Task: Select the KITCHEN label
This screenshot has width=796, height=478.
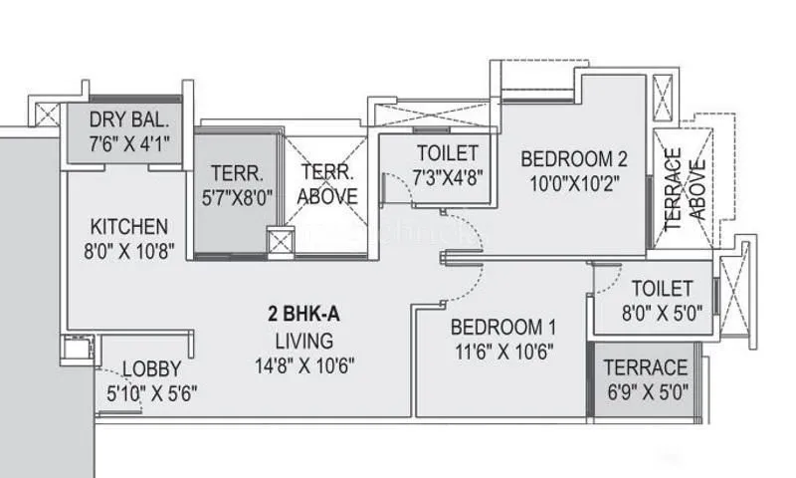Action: click(x=129, y=226)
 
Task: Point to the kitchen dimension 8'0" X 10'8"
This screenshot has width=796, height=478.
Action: click(x=129, y=251)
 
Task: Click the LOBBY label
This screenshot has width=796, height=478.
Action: click(x=152, y=368)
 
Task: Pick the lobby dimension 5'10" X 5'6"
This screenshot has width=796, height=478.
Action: click(x=152, y=393)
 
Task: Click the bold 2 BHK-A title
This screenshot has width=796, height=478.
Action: click(x=303, y=315)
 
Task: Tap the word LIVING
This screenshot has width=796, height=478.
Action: click(x=303, y=340)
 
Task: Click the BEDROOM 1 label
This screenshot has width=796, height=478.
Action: click(x=502, y=327)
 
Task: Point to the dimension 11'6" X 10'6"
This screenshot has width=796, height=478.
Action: click(x=502, y=352)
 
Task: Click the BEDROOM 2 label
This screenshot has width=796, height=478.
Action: click(x=574, y=158)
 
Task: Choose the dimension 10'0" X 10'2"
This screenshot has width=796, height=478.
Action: click(x=574, y=183)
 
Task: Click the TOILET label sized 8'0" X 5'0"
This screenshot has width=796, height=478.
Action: click(x=661, y=288)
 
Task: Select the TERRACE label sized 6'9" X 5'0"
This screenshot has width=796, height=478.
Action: click(x=645, y=366)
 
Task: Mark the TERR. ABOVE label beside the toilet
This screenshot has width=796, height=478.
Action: click(x=327, y=183)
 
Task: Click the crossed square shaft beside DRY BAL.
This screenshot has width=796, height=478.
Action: click(x=47, y=112)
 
